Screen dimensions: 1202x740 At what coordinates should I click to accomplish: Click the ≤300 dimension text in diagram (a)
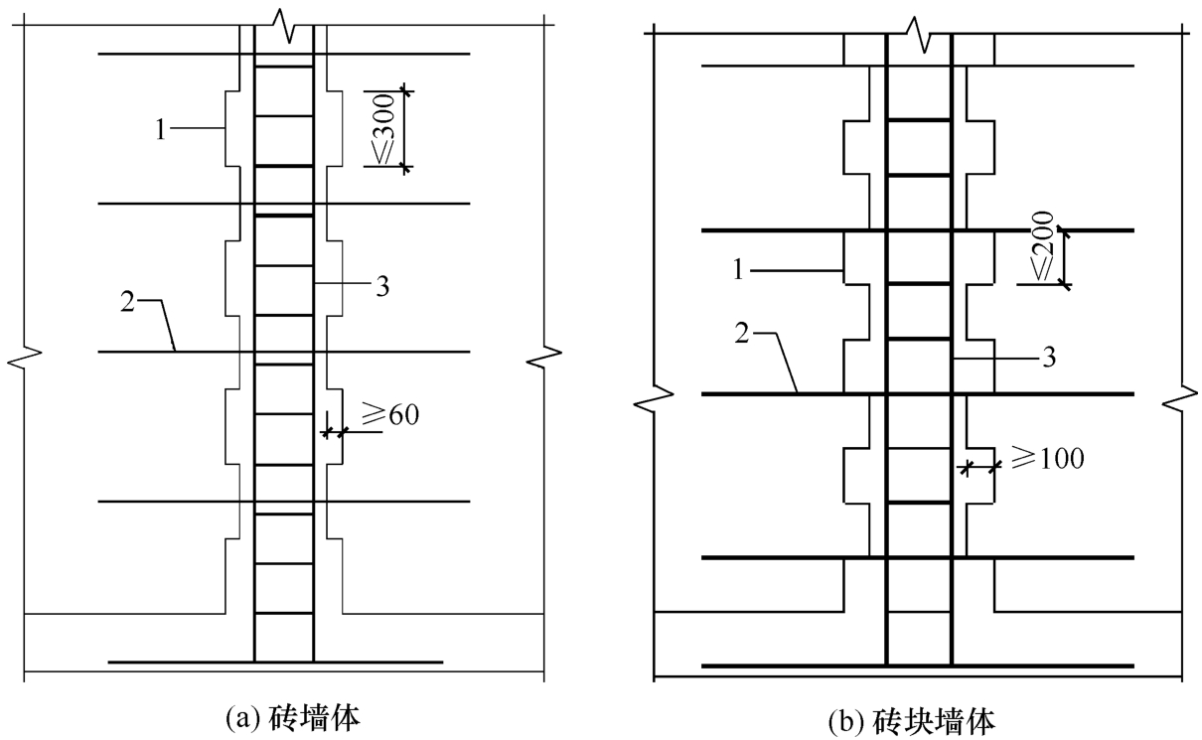tap(384, 129)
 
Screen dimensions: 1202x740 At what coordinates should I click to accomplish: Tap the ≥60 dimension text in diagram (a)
tap(390, 414)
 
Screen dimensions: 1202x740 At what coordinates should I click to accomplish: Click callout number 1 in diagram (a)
tap(161, 129)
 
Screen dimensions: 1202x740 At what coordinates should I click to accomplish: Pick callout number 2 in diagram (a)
tap(128, 302)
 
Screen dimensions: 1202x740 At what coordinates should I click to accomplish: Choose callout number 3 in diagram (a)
tap(382, 286)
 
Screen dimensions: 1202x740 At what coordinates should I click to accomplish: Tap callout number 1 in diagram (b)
tap(738, 269)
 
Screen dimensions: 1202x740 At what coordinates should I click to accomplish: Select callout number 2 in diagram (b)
tap(742, 333)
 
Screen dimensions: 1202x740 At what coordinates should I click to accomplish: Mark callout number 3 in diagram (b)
tap(1049, 357)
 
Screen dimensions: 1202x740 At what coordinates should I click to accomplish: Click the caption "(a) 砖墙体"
tap(292, 718)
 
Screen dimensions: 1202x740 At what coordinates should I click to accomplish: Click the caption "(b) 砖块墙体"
tap(912, 722)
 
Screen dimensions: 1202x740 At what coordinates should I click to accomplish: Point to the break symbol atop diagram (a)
tap(283, 25)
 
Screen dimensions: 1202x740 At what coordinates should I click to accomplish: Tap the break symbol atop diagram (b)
tap(918, 34)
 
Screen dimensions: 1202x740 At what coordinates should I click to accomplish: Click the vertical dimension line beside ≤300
tap(404, 129)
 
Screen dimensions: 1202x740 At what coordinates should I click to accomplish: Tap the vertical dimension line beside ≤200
tap(1065, 257)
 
